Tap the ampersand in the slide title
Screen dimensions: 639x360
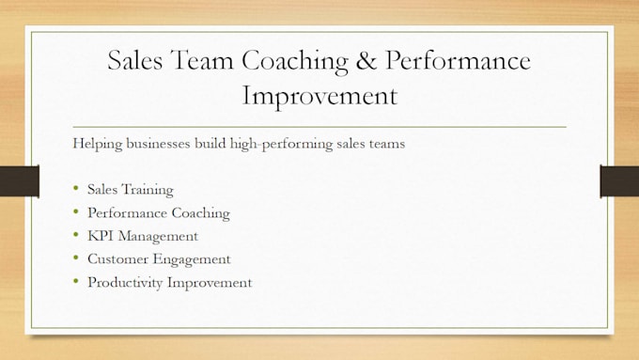tap(366, 60)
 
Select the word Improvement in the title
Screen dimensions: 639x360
tap(319, 96)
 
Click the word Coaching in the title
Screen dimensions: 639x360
tap(295, 61)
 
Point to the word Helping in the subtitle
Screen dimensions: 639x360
tap(98, 144)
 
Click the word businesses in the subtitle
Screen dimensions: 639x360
tap(159, 143)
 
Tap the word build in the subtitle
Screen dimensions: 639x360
tap(210, 143)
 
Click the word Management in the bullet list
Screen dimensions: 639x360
tap(158, 237)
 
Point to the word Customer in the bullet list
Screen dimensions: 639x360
tap(117, 258)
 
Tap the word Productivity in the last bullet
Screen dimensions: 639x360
tap(125, 283)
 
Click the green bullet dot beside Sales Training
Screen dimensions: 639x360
tap(76, 188)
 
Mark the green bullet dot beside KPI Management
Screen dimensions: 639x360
tap(76, 234)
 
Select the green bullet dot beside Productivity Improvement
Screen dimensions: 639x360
tap(76, 281)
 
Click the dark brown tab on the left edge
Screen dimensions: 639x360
tap(20, 181)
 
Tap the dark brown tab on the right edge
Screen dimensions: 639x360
tap(619, 181)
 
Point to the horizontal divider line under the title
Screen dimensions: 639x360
tap(319, 127)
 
